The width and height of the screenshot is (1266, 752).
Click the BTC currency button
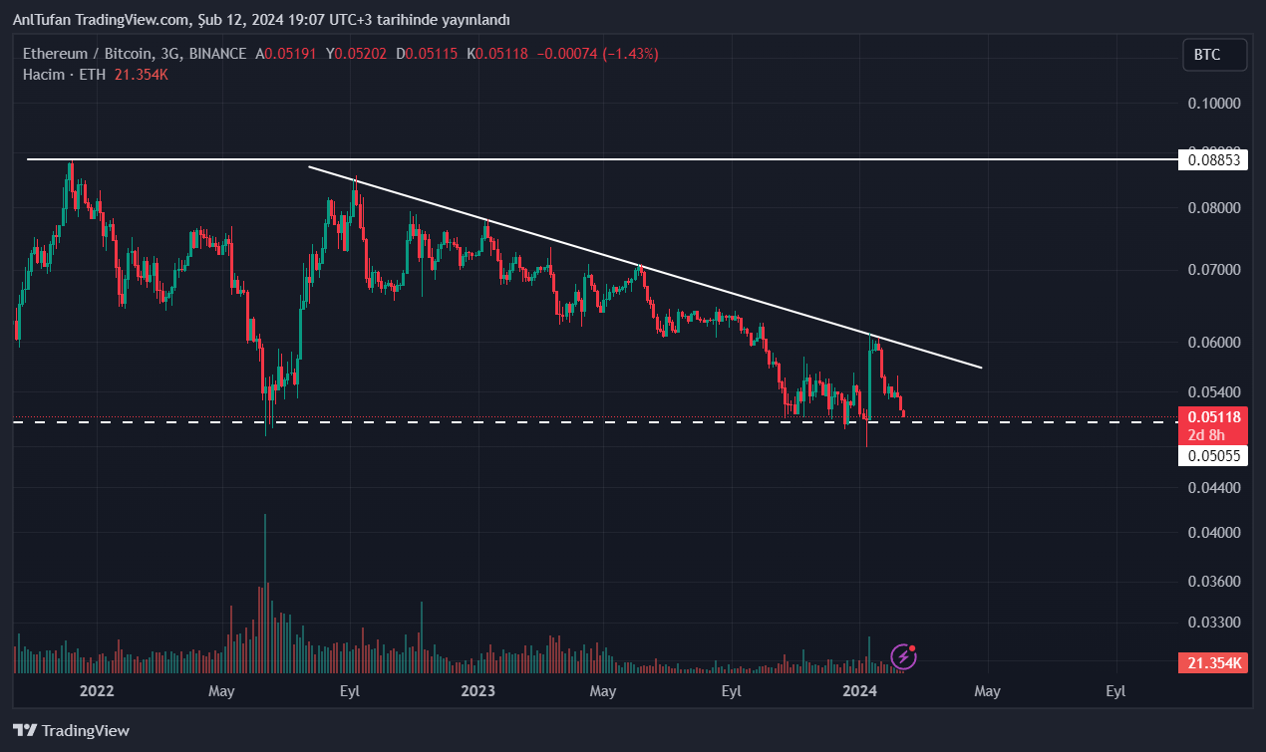coord(1214,55)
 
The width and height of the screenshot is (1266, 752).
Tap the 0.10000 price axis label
coord(1213,104)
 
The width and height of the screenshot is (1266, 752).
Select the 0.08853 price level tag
coord(1213,159)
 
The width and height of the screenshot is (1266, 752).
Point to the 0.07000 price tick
coord(1213,270)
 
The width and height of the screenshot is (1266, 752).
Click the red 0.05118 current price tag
coord(1213,417)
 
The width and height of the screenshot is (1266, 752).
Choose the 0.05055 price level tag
coord(1213,456)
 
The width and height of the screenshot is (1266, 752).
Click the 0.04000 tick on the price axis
coord(1213,533)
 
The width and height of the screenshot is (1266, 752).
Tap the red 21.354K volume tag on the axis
coord(1213,663)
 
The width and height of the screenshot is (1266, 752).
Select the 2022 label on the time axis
coord(97,690)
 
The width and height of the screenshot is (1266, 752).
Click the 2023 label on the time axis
coord(478,690)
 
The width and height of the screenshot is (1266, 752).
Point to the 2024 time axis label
coord(859,690)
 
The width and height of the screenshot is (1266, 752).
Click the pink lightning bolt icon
coord(904,655)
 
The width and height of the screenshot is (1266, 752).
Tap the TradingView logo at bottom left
coord(72,730)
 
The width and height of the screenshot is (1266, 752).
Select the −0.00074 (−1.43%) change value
coord(598,54)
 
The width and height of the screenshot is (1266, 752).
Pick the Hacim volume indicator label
coord(44,74)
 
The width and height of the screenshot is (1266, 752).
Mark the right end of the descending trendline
coord(982,368)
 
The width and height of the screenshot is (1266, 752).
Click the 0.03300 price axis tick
coord(1213,623)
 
